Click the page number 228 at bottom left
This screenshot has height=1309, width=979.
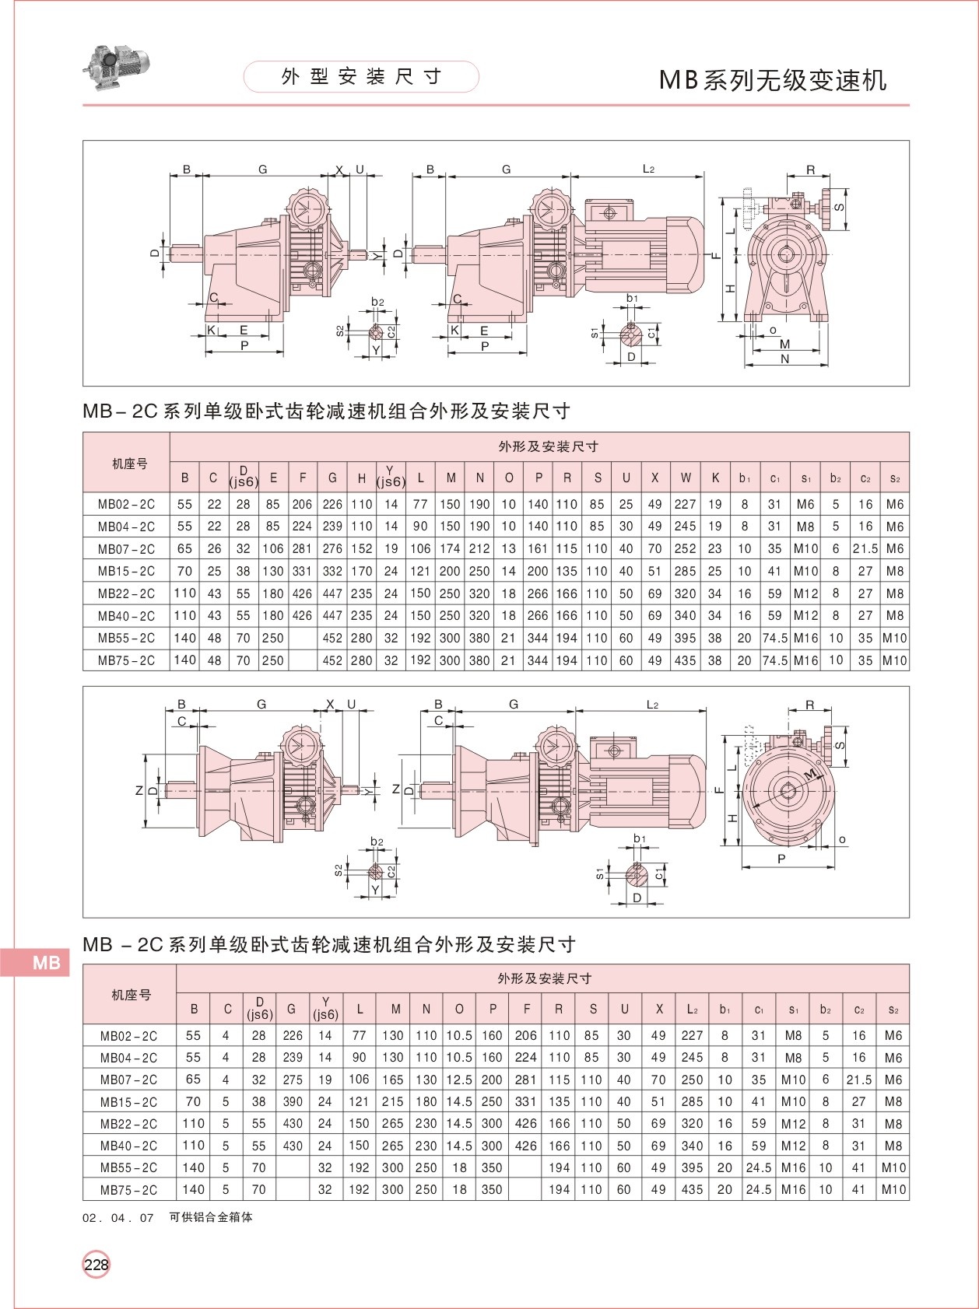(x=96, y=1264)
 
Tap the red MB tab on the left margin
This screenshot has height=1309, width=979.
(x=45, y=963)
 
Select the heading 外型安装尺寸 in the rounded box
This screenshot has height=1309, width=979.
(x=361, y=76)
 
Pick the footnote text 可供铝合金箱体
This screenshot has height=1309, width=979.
(x=211, y=1217)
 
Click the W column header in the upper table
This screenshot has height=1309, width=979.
(x=685, y=478)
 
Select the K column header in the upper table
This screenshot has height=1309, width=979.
(x=715, y=478)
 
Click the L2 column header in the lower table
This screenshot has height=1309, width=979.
(x=692, y=1009)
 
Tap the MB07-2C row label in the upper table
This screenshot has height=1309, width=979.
(x=126, y=548)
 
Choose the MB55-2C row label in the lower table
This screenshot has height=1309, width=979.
(x=128, y=1167)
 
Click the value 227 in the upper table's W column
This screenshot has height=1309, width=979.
(x=685, y=504)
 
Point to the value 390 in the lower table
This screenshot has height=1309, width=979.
(x=293, y=1101)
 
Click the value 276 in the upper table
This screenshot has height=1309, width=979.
(x=332, y=548)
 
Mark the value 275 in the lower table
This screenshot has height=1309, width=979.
(x=293, y=1080)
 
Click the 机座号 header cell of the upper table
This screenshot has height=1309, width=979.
(x=129, y=464)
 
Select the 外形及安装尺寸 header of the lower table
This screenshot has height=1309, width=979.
(x=544, y=978)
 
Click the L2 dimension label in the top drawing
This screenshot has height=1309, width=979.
(x=648, y=169)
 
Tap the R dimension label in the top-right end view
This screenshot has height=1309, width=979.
(x=810, y=170)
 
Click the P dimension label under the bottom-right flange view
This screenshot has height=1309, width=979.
(x=781, y=859)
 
